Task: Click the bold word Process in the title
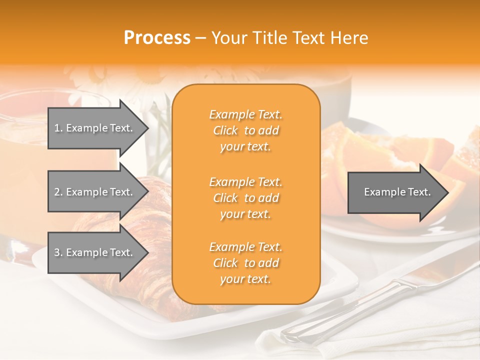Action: pos(157,38)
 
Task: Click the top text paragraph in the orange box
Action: pos(245,130)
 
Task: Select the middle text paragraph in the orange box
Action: pos(245,198)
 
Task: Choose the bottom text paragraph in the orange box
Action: pos(245,263)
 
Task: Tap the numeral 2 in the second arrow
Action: pos(57,192)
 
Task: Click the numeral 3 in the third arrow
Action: pos(57,252)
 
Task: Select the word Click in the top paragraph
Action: pos(225,130)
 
